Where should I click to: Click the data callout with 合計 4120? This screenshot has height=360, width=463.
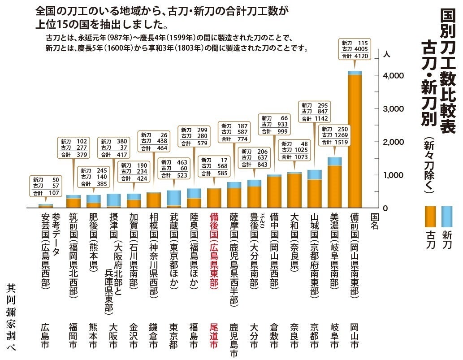pyautogui.click(x=355, y=49)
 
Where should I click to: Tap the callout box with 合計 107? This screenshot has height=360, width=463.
pyautogui.click(x=46, y=187)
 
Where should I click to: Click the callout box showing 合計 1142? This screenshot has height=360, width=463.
pyautogui.click(x=314, y=112)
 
